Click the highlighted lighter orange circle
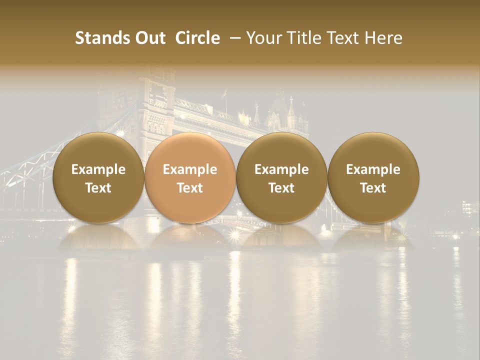pos(190,178)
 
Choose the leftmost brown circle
pos(98,178)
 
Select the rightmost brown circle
pos(373,178)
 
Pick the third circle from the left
pos(281,178)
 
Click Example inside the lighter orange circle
pos(190,169)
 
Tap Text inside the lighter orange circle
pos(190,188)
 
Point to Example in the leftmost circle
pos(98,169)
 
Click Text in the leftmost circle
pos(98,188)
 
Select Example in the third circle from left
pos(281,169)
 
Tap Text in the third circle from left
pos(281,188)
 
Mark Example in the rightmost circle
pos(373,169)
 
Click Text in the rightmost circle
pos(373,188)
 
